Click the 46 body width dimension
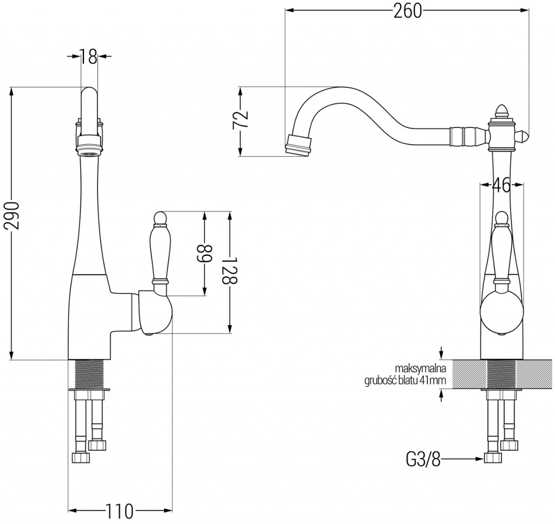pos(502,186)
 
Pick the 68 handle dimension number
pos(205,253)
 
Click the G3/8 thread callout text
pos(423,460)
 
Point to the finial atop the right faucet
pos(501,112)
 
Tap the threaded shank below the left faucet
pos(89,373)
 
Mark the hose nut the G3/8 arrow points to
pos(492,458)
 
